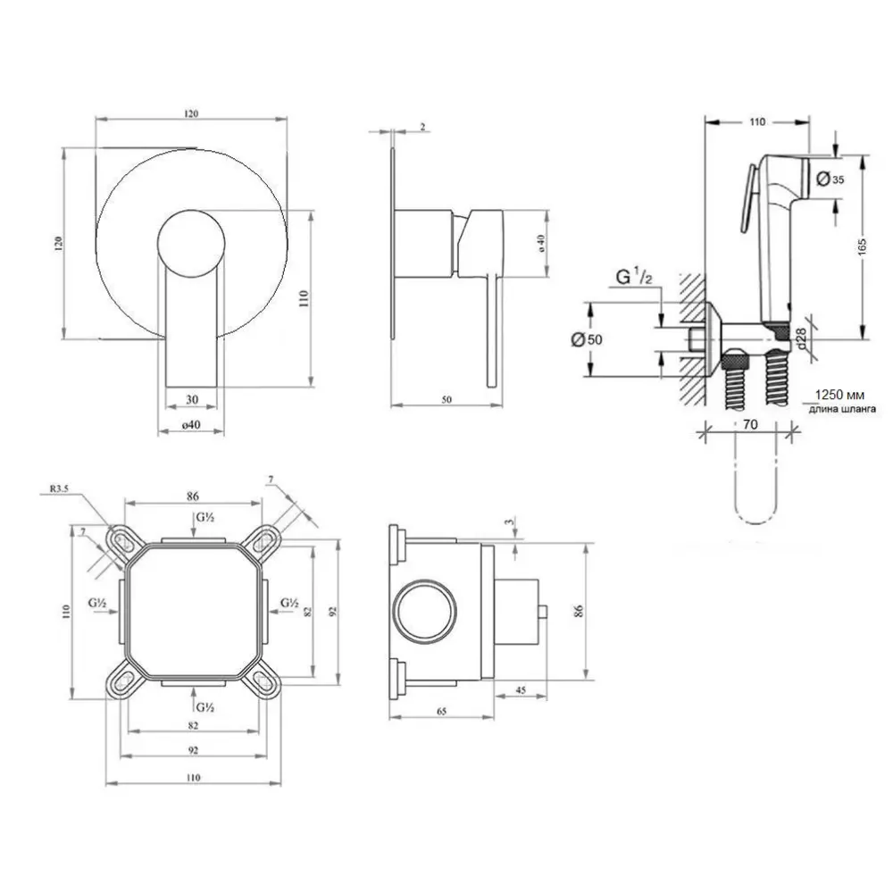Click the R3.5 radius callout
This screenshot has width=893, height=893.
60,488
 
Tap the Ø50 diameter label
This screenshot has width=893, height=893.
586,339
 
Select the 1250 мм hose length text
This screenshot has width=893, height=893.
839,395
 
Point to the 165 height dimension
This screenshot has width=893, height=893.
862,246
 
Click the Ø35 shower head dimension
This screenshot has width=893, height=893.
830,179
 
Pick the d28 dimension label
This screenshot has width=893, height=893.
800,338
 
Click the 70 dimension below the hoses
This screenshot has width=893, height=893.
750,424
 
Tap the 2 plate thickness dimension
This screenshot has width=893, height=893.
422,127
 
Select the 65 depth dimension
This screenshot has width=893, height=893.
441,711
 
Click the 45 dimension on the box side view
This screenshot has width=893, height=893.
521,690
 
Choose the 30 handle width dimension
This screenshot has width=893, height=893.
192,399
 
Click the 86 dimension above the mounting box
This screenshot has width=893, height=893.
193,496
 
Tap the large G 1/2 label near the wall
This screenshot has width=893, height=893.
634,278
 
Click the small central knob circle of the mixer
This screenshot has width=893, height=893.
191,243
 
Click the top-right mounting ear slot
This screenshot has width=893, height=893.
264,539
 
